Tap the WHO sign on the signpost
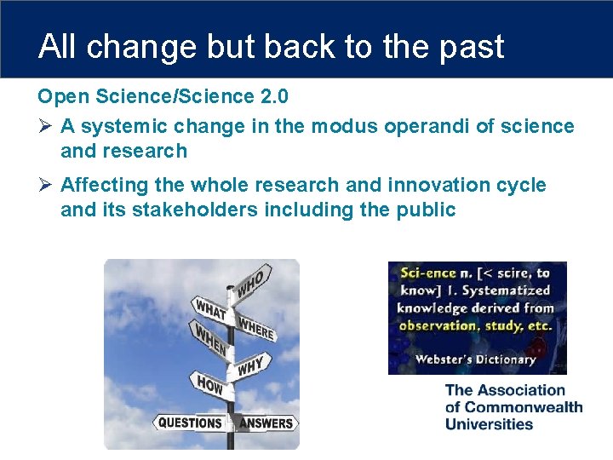tap(253, 282)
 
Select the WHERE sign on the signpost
tap(256, 327)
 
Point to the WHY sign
tap(251, 367)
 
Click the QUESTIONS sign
tap(190, 423)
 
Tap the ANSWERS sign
tap(266, 423)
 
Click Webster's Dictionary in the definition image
tap(475, 359)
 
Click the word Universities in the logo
tap(489, 424)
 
